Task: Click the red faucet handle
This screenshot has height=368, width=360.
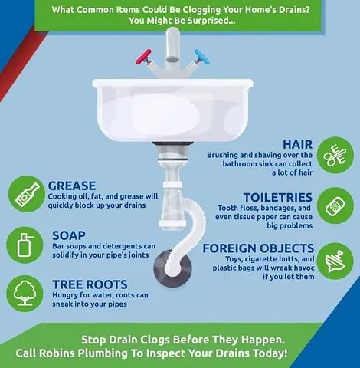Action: point(143,57)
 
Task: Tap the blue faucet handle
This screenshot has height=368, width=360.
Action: point(202,57)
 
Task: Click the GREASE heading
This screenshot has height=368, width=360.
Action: point(72,186)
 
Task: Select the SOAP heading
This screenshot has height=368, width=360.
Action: point(69,235)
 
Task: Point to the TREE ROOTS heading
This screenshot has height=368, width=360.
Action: point(90,284)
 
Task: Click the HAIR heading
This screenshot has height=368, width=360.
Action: point(297,144)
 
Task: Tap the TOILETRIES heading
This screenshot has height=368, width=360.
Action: point(278,197)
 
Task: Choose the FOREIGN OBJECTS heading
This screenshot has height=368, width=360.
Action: point(258,248)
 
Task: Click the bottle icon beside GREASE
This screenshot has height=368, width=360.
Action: point(28,195)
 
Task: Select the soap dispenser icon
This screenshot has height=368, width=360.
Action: point(25,245)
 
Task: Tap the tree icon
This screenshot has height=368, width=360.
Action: point(25,293)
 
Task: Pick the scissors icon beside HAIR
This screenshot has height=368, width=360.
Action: point(335,156)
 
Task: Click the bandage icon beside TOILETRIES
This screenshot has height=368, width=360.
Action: point(335,206)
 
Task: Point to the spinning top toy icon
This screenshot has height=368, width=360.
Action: point(335,261)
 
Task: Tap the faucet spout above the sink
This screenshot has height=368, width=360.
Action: point(173,45)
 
